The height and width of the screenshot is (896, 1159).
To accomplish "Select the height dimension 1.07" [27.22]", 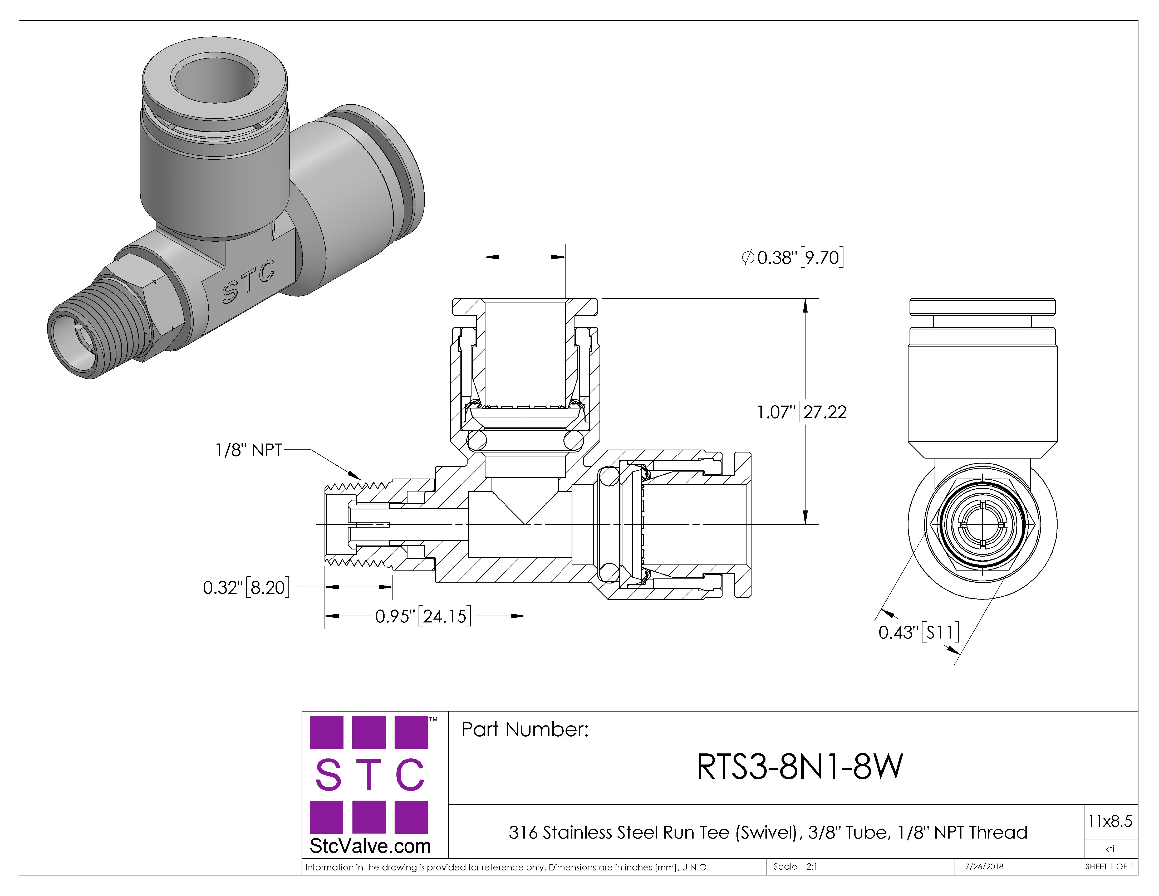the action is click(x=804, y=412).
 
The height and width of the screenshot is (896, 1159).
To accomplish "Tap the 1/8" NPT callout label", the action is click(x=248, y=450).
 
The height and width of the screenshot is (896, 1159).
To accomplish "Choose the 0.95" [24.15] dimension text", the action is click(x=423, y=616).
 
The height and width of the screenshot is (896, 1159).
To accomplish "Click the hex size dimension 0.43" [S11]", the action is click(x=919, y=632).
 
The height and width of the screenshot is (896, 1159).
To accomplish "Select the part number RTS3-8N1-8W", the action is click(x=800, y=767).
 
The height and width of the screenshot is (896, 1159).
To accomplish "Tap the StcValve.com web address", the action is click(x=370, y=846).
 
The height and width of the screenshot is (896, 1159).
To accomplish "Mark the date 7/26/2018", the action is click(x=984, y=867).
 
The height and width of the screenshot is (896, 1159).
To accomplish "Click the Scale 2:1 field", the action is click(x=795, y=867).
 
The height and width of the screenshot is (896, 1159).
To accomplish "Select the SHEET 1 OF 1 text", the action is click(x=1109, y=867).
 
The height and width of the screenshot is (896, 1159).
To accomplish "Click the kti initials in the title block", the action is click(x=1110, y=849).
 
